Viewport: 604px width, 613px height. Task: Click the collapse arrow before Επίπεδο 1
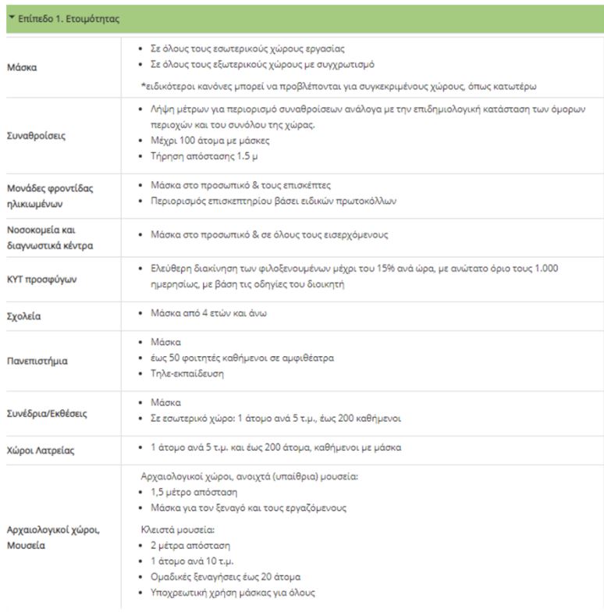(12, 17)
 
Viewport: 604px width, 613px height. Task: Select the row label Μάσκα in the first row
(21, 67)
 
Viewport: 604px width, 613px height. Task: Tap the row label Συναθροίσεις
(36, 135)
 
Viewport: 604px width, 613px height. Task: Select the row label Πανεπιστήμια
(37, 361)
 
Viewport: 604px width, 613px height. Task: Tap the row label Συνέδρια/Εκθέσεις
(46, 411)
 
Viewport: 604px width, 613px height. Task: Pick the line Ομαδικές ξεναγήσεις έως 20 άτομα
(226, 576)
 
